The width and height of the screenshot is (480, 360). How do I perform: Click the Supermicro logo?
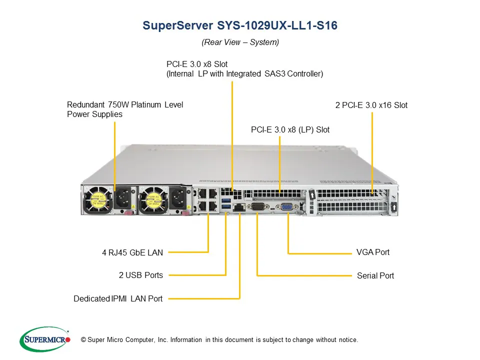(44, 339)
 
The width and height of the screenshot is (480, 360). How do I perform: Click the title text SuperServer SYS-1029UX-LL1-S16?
(240, 25)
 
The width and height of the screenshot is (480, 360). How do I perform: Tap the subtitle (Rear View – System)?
(240, 42)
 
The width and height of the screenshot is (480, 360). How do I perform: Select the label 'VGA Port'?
(372, 252)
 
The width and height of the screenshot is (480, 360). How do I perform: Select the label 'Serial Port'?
(375, 275)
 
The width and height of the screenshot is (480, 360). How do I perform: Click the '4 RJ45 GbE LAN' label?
(132, 252)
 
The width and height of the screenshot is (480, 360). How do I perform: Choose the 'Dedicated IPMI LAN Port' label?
(118, 298)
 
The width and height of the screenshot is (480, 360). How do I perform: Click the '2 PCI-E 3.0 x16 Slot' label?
(371, 105)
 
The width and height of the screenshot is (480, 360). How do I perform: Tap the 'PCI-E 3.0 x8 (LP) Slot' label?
(290, 129)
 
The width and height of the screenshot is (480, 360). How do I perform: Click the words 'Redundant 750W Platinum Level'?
(125, 104)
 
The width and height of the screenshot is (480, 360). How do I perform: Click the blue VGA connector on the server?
(287, 207)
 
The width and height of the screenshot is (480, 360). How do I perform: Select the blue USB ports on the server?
(226, 203)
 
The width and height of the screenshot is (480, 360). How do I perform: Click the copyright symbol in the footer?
(83, 340)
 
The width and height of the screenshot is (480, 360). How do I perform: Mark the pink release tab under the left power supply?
(128, 214)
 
